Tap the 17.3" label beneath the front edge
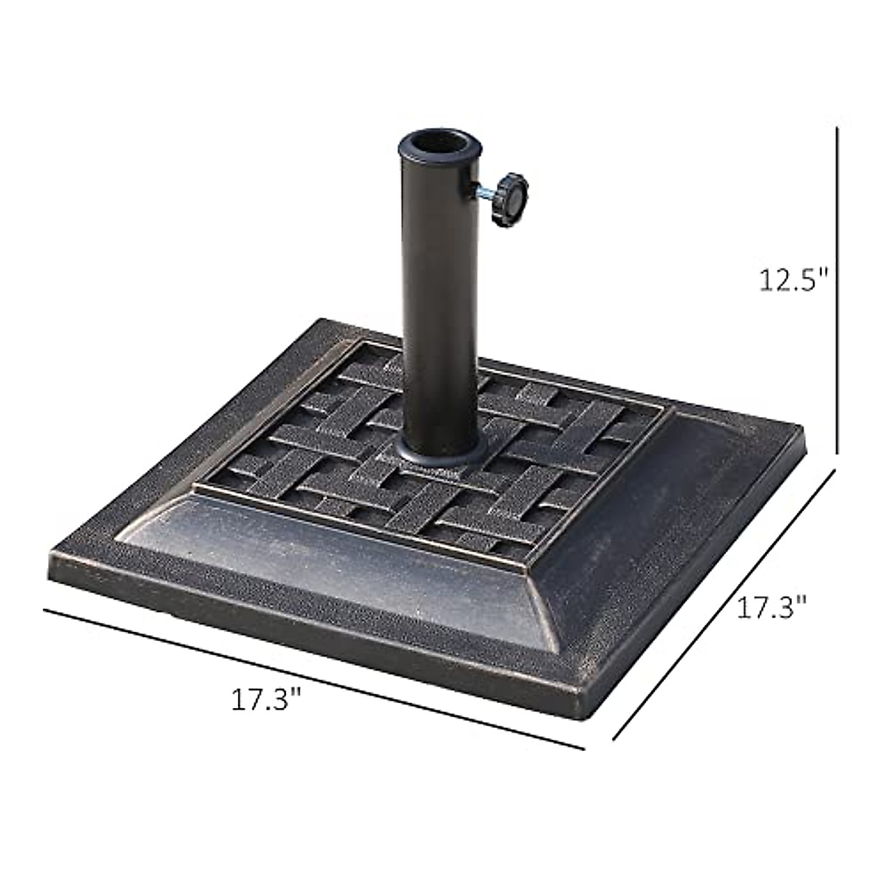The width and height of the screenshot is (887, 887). pos(267,699)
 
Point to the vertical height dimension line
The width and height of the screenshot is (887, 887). pos(837,296)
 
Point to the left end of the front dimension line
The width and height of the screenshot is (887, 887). pos(46,610)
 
